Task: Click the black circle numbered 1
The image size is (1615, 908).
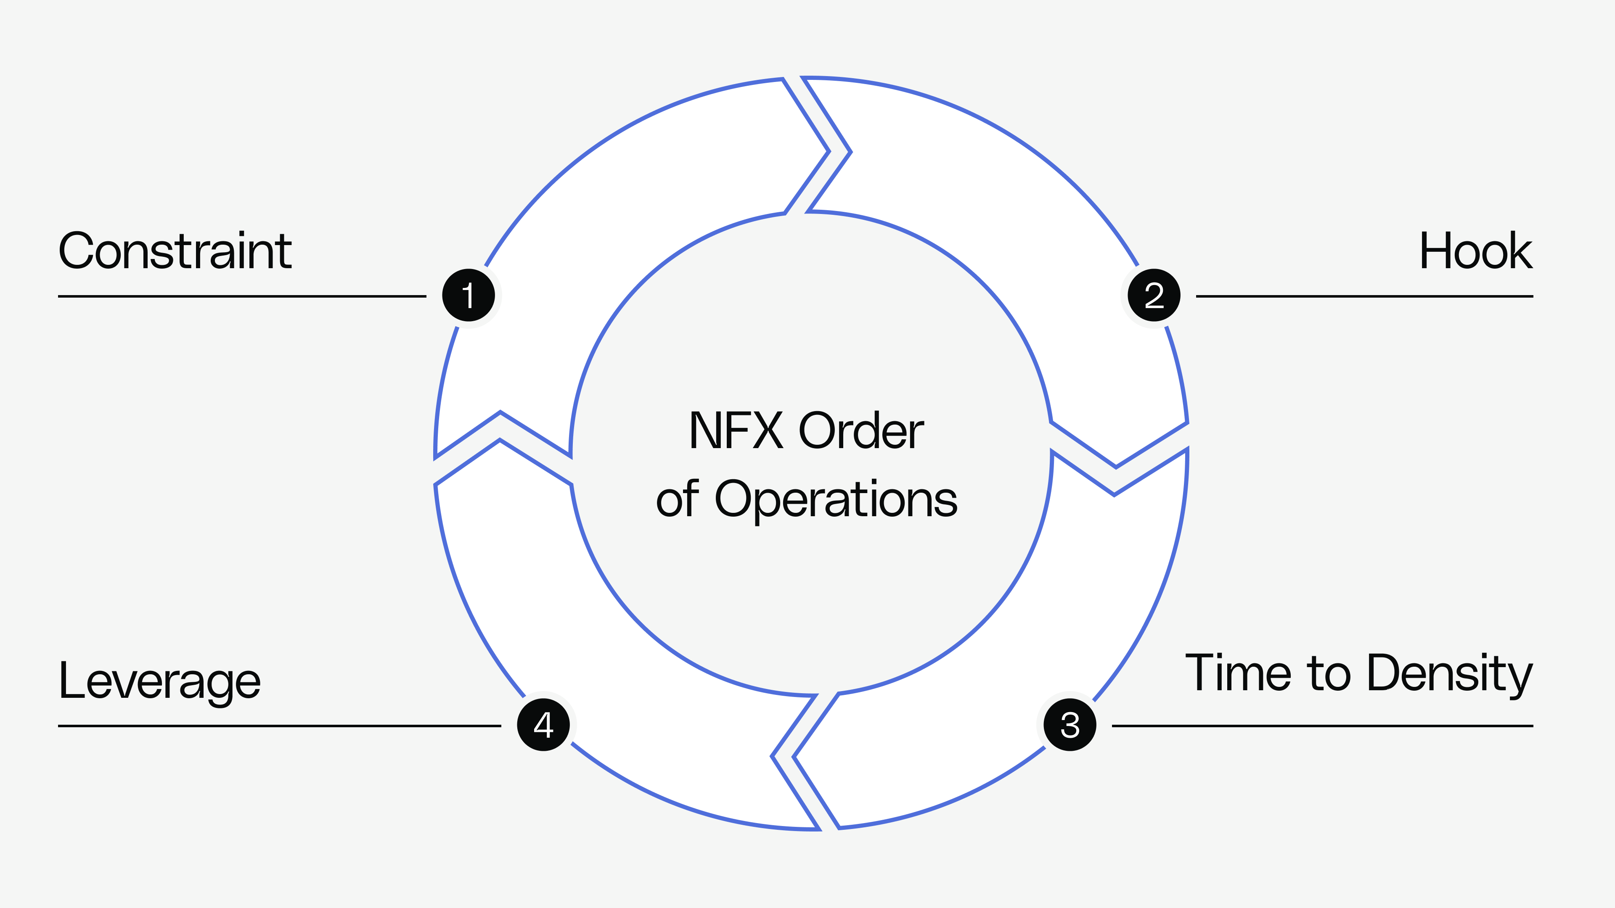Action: pos(469,295)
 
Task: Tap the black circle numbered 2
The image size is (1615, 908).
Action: pos(1154,295)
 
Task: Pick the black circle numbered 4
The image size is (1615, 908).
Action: pos(543,725)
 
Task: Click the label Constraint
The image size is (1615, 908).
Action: pos(175,251)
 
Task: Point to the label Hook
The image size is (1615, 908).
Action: pos(1476,251)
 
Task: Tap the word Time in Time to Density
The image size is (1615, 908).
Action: pos(1238,673)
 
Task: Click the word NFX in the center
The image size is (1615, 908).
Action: pos(736,431)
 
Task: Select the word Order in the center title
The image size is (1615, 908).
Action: pos(861,431)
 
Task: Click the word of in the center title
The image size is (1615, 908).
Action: pos(677,500)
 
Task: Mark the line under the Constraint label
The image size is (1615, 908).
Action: pos(242,296)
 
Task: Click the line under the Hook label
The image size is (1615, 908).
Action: pos(1364,296)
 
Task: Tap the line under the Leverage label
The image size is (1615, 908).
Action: pos(280,726)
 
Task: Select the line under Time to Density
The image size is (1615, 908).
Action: pos(1322,726)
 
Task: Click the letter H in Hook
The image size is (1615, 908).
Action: pos(1433,251)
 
